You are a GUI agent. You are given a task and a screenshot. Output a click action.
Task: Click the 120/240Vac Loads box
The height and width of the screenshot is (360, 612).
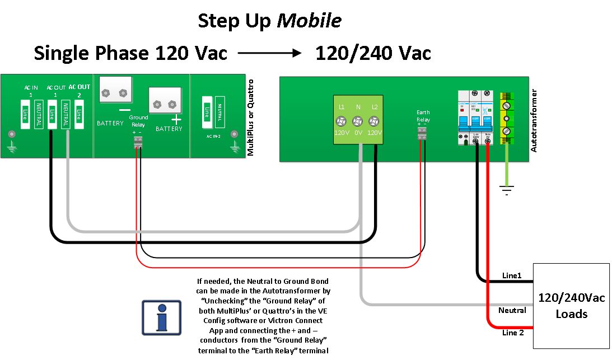571,306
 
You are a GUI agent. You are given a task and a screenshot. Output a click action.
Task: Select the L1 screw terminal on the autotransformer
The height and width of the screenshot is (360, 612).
342,121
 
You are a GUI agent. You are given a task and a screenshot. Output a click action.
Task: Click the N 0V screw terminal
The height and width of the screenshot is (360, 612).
358,121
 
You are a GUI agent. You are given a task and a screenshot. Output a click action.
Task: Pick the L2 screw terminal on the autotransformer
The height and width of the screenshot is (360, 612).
373,121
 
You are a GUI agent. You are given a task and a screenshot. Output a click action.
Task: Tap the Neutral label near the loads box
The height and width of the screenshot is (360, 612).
512,310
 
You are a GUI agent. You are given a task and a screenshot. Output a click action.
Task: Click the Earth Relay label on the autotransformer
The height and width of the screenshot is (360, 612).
423,115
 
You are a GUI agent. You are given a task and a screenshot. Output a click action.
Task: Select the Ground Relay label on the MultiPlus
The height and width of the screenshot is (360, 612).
138,121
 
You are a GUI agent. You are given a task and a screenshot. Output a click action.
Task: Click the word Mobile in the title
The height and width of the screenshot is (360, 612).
309,21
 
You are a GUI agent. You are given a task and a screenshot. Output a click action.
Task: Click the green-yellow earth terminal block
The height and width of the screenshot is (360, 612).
506,118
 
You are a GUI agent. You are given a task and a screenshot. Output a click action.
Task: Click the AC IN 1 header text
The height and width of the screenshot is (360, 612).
31,91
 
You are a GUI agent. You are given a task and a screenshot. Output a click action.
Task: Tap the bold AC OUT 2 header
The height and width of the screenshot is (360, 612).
79,91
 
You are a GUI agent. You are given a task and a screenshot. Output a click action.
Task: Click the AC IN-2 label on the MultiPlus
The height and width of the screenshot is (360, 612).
213,135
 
